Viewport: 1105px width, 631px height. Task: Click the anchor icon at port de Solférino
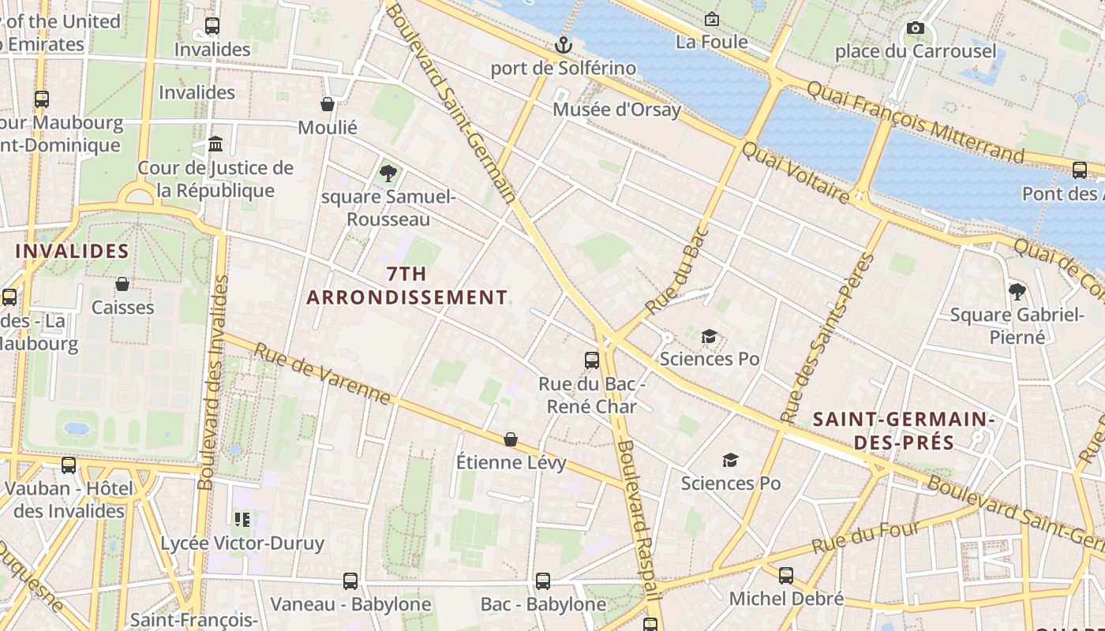coord(563,45)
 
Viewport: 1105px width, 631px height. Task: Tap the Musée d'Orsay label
coord(616,109)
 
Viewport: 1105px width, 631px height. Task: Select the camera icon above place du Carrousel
coord(916,28)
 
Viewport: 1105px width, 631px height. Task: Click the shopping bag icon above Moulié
coord(328,104)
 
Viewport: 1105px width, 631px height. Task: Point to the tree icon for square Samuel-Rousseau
coord(388,173)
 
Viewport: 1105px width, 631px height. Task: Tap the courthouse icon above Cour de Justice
coord(215,144)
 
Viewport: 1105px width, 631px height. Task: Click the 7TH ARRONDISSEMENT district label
coord(406,286)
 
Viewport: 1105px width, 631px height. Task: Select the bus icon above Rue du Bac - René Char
coord(592,360)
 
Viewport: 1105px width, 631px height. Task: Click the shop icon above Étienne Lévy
coord(511,439)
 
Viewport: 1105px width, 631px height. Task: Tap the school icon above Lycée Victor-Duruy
coord(242,519)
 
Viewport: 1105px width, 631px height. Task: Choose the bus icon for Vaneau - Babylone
coord(350,581)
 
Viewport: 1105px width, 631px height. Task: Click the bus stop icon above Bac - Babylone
coord(543,581)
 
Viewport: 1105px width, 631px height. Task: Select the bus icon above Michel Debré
coord(786,576)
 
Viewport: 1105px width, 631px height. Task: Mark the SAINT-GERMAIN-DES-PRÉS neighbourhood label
coord(903,430)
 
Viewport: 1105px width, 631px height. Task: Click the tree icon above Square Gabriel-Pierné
coord(1017,292)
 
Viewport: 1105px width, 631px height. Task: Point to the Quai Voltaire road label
coord(796,174)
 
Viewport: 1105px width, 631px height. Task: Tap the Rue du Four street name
coord(866,537)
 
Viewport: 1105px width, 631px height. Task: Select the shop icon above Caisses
coord(122,284)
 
